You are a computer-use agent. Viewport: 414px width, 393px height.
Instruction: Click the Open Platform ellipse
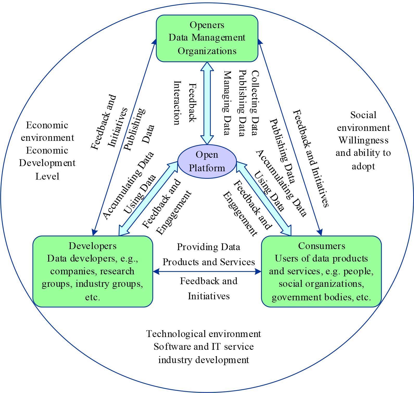[207, 161]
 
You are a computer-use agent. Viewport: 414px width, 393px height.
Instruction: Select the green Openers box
[207, 38]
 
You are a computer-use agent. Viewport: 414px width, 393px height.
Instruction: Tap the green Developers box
[92, 271]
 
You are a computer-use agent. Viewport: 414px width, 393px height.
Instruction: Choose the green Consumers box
[321, 271]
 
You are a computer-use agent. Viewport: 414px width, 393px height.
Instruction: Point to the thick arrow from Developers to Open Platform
[147, 199]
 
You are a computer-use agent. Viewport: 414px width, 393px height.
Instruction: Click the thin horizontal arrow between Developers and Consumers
[207, 272]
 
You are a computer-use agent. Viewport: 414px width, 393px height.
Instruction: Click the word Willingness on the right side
[363, 140]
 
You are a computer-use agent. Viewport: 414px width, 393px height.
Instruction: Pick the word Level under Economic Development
[47, 176]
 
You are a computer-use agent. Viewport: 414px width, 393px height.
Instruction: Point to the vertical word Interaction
[177, 103]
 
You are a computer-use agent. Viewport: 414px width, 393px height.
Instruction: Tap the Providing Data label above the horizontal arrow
[208, 247]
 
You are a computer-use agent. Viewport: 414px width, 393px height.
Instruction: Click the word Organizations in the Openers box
[207, 51]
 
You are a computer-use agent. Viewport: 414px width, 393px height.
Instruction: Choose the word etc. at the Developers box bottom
[92, 297]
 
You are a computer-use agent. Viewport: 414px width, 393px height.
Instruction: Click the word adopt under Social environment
[363, 166]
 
